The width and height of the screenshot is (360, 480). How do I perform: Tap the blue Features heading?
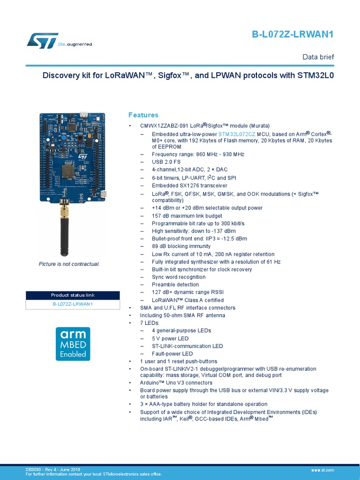(143, 115)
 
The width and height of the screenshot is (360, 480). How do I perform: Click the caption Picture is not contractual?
(69, 264)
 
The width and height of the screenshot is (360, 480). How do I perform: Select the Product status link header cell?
(73, 295)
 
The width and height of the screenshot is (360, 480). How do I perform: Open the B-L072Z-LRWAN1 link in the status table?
(73, 304)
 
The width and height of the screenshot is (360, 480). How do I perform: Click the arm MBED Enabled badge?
(73, 343)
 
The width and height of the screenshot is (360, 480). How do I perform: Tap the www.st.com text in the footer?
(322, 470)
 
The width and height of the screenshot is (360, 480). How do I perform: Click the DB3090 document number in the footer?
(33, 469)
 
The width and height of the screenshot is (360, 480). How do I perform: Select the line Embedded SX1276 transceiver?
(183, 185)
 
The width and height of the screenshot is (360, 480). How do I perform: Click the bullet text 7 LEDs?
(150, 323)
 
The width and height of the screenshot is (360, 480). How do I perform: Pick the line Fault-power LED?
(172, 353)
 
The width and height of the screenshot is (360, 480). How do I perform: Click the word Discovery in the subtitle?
(60, 75)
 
